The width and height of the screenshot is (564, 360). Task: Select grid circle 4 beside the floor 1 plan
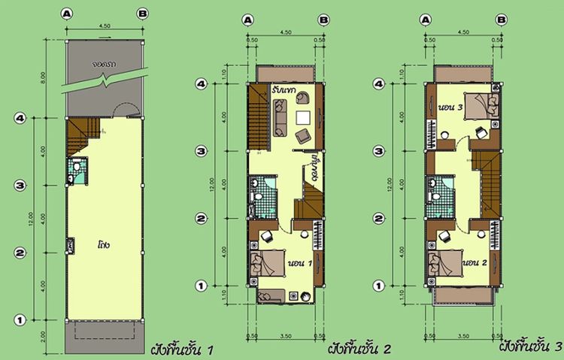click(21, 118)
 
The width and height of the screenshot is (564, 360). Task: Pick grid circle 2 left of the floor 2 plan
click(202, 219)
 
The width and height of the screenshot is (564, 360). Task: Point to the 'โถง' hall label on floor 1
click(103, 244)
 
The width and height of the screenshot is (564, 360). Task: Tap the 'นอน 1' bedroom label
click(300, 263)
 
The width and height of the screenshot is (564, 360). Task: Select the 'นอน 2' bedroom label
click(472, 263)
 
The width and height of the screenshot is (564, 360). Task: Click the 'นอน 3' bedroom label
click(450, 107)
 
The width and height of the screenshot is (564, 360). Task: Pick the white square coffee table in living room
click(303, 117)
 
